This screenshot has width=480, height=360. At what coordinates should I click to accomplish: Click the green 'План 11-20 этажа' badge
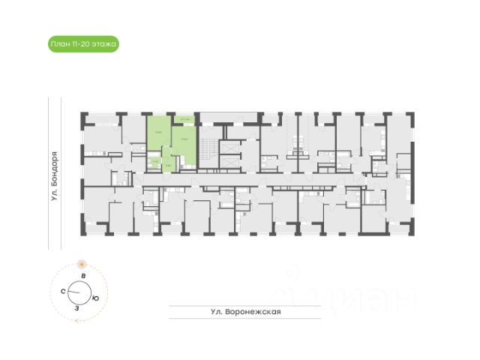pos(83,45)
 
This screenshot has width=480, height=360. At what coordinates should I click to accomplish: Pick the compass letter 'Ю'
pos(95,298)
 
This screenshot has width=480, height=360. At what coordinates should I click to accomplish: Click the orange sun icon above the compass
pos(81,264)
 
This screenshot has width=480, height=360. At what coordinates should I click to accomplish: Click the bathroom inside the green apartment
pos(153,160)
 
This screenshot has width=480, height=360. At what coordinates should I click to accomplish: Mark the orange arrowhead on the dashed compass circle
pos(75,319)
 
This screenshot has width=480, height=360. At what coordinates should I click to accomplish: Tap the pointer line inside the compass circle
pos(77,292)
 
